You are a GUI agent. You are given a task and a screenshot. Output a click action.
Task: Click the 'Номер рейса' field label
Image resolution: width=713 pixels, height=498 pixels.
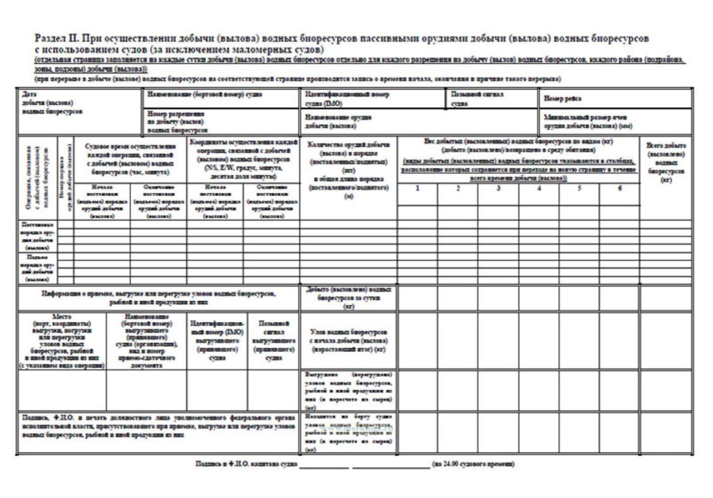pos(562,98)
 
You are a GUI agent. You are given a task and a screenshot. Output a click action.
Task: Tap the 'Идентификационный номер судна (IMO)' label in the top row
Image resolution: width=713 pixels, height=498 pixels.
pos(347,99)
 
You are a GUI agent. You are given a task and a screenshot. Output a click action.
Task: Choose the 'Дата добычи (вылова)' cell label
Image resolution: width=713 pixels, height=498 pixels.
pos(52,103)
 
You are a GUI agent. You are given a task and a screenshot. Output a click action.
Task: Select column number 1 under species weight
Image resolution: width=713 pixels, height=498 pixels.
pos(417,188)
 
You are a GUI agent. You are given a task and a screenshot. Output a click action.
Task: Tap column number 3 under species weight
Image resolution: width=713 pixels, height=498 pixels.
pos(498,188)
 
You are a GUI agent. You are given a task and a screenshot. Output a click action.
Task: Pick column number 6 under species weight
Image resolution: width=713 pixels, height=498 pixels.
pos(619,188)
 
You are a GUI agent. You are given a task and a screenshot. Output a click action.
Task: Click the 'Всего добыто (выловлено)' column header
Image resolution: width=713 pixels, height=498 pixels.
pos(666,163)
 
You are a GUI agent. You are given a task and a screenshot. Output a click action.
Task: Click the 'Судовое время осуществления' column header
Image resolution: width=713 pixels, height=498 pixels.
pos(130,159)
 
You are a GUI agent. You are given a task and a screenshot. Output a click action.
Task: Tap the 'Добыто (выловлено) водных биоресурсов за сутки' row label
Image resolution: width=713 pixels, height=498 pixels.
pos(348,298)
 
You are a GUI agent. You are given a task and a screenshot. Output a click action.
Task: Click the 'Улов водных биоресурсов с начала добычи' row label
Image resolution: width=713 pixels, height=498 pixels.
pos(348,341)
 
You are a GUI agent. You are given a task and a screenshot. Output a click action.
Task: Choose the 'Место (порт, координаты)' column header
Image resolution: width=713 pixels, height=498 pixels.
pos(62,341)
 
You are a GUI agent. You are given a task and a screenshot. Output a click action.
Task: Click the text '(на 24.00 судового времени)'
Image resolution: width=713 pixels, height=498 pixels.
pos(473,464)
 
